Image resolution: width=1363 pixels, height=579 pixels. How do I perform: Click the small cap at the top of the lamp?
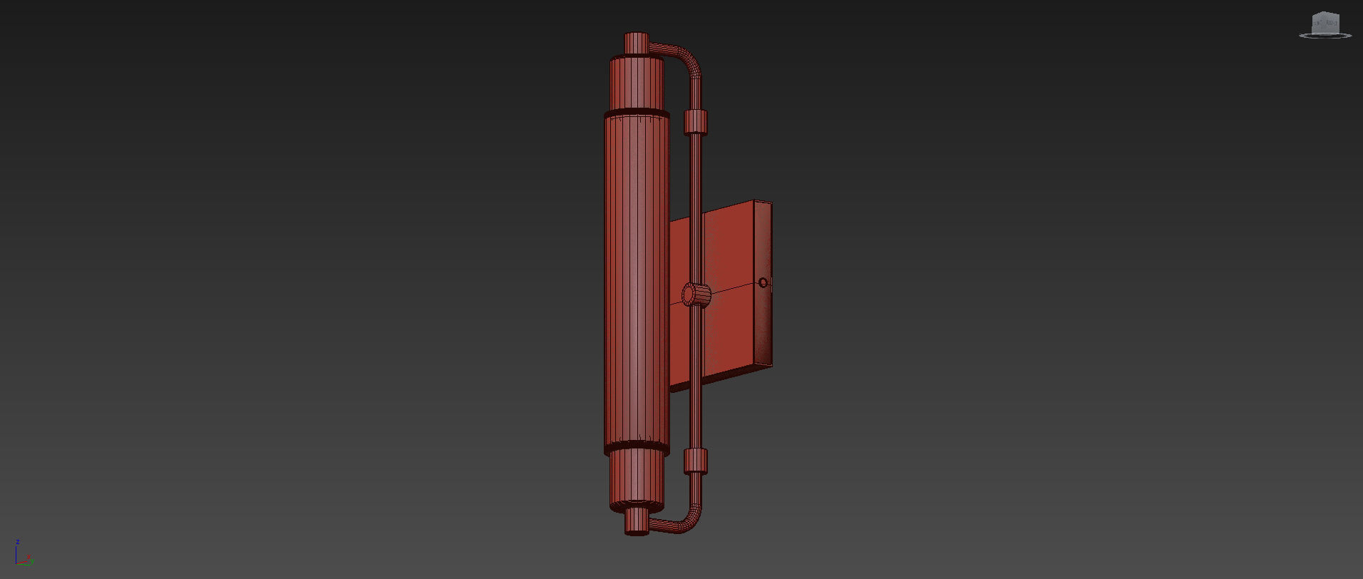(636, 42)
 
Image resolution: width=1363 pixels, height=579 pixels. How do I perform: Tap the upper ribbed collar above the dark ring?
(637, 83)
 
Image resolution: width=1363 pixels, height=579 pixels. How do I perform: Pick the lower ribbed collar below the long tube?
(636, 481)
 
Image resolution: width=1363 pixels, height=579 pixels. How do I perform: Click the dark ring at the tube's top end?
(637, 113)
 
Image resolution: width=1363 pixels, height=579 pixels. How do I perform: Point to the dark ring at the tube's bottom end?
(636, 449)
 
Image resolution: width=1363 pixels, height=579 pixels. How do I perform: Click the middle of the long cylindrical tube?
(636, 282)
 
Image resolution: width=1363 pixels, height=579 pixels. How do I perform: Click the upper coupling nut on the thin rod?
(696, 122)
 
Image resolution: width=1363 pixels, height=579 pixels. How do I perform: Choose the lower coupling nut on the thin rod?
(696, 461)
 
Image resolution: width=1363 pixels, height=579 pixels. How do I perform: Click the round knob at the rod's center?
(696, 294)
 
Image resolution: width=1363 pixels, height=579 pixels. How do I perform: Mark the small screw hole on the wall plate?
(763, 283)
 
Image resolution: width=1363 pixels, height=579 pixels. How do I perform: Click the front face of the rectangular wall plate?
(727, 299)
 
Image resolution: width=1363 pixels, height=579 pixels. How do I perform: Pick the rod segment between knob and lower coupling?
(696, 378)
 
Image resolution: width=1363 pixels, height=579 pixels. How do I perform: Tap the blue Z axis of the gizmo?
(16, 552)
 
